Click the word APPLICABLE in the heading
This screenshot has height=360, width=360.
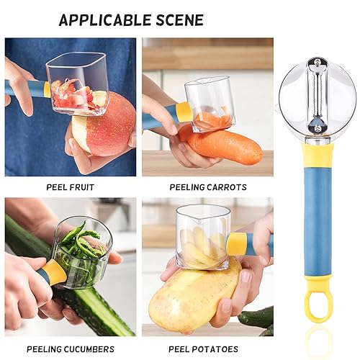107,19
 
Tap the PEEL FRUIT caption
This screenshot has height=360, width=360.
70,187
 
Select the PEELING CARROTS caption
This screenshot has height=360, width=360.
208,187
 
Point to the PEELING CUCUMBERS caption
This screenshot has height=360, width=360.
70,349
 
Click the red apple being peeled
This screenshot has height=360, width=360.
108,133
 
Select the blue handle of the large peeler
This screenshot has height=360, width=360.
318,230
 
